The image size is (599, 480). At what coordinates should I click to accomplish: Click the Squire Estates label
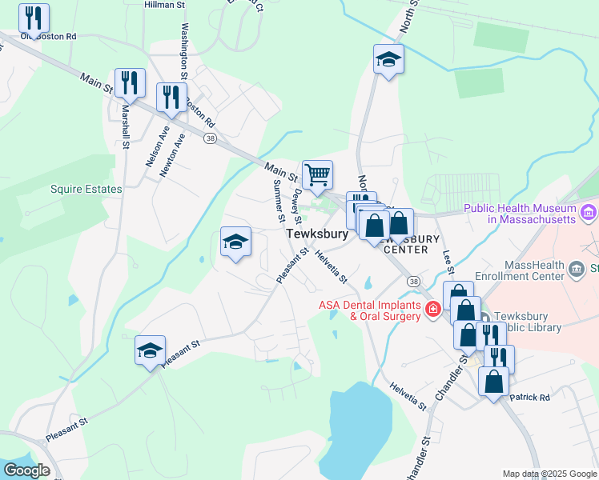86,190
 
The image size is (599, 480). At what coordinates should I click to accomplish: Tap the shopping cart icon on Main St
318,174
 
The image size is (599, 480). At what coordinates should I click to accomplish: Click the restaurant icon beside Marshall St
130,82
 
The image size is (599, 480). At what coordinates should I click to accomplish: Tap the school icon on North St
388,59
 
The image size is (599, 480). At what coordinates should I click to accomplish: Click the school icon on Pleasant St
150,350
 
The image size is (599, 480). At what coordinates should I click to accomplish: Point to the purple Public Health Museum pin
589,212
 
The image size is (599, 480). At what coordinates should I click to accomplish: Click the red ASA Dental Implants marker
433,309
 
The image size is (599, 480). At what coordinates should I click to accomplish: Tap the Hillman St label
164,5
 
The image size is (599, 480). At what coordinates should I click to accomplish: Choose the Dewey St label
295,206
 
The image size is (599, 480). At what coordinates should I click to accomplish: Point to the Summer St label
279,200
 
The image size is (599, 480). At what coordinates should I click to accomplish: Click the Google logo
26,470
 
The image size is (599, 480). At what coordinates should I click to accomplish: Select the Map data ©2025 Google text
549,474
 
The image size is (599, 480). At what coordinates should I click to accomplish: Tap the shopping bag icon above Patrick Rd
493,381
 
